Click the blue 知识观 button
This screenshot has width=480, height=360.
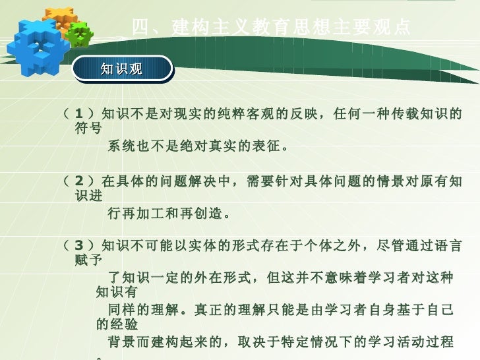[x=121, y=69]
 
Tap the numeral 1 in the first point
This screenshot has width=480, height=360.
[x=79, y=113]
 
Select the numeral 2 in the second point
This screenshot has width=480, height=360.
[x=79, y=181]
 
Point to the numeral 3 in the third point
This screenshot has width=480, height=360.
[x=79, y=246]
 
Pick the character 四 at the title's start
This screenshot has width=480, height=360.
[x=139, y=27]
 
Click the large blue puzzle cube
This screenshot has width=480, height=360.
[x=37, y=46]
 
